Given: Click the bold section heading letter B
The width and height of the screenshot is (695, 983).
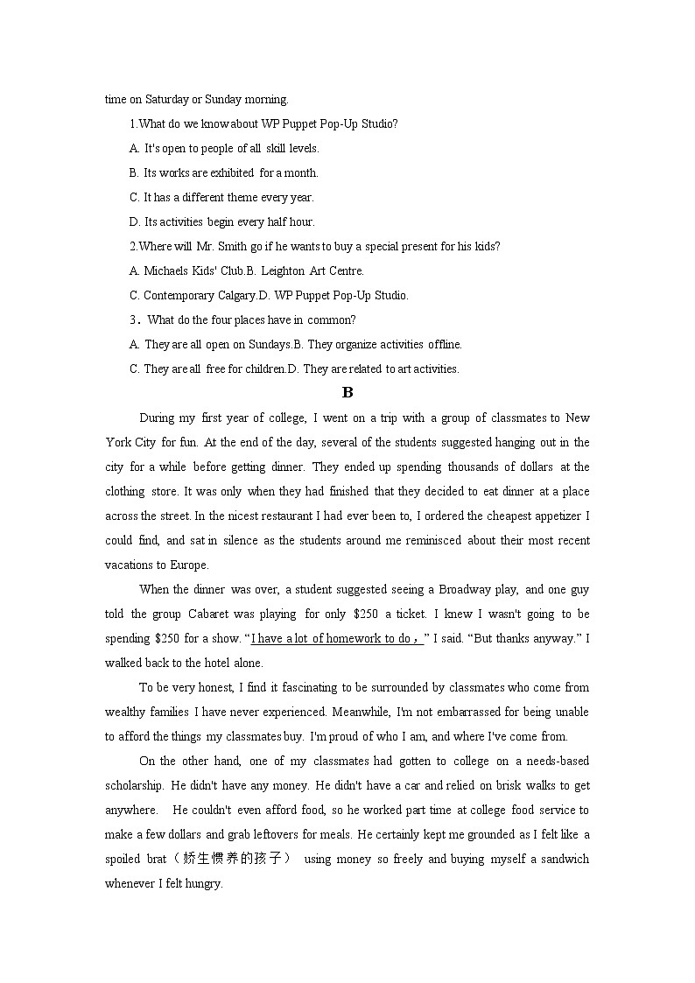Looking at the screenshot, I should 347,392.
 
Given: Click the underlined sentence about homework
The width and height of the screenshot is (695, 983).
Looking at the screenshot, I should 337,638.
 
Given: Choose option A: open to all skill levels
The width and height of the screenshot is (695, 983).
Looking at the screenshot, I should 224,148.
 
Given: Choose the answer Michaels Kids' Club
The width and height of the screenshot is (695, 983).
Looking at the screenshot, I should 187,270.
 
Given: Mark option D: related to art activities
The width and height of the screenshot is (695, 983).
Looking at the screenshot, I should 379,369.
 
